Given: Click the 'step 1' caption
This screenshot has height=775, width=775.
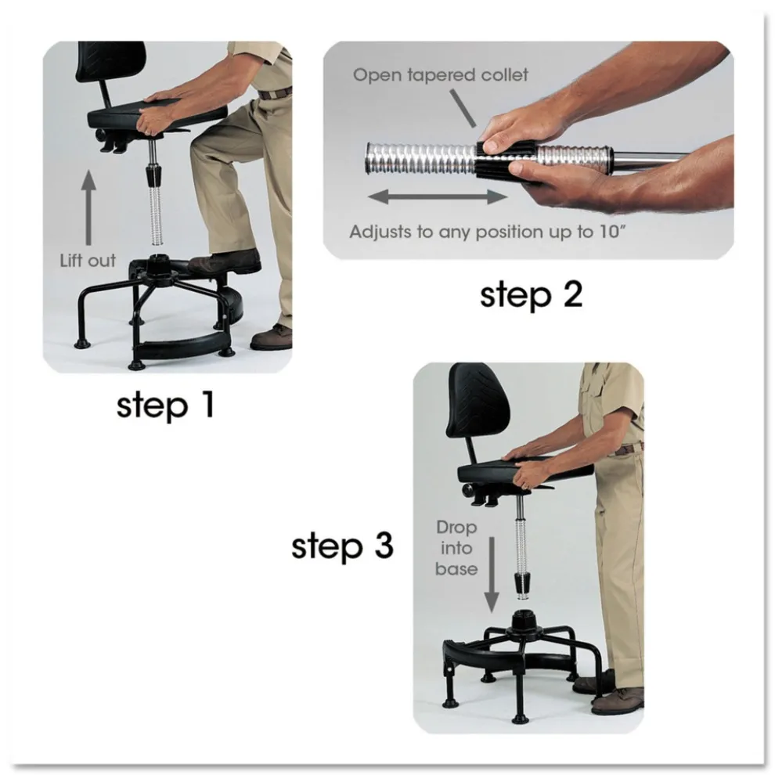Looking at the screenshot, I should (x=164, y=406).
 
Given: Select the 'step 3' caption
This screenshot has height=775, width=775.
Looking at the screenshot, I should (x=342, y=546).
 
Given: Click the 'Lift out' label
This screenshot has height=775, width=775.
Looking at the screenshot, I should (x=88, y=261).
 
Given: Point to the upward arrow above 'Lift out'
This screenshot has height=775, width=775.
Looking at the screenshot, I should (x=88, y=206).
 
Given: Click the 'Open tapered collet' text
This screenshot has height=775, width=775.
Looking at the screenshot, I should (x=441, y=75).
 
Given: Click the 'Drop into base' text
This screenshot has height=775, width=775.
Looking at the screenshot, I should (x=457, y=548).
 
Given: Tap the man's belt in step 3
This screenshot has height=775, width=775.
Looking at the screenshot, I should (x=627, y=449).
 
